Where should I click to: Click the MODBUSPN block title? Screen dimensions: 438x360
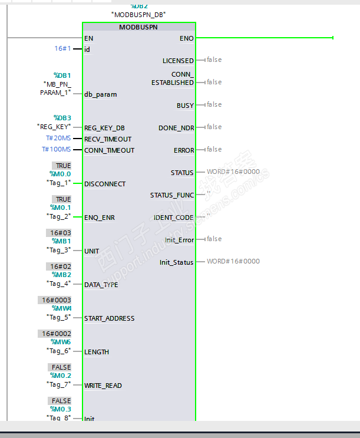point(139,27)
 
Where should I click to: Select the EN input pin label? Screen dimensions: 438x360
point(89,38)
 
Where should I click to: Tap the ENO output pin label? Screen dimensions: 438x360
point(186,38)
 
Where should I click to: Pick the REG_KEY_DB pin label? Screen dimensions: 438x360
point(104,128)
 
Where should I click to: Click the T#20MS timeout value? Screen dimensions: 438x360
point(58,139)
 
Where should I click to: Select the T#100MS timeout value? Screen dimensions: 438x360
point(56,150)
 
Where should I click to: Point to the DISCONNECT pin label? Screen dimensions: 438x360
point(105,184)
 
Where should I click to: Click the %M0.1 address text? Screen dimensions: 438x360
point(61,208)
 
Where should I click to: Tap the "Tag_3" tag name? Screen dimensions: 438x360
point(59,250)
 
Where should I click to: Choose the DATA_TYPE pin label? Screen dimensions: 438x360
point(101,285)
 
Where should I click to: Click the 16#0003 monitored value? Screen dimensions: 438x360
point(57,300)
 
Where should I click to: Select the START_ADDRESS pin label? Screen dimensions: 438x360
point(110,318)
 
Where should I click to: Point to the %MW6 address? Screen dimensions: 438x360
point(61,342)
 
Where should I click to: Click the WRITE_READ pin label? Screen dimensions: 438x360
point(103,386)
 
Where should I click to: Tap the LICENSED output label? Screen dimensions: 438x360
point(178,61)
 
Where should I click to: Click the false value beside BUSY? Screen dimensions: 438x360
point(214,105)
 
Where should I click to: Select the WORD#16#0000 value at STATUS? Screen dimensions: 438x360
point(233,172)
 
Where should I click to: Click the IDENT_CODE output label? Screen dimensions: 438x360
point(174,218)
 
